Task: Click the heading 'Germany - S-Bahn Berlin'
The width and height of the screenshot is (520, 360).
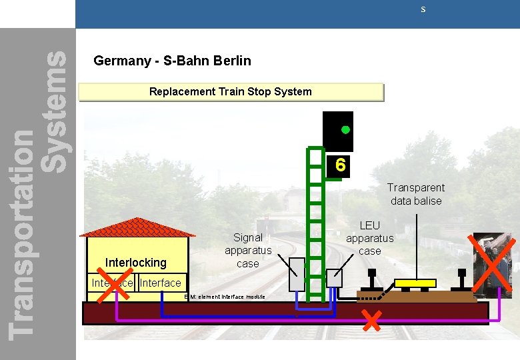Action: point(172,61)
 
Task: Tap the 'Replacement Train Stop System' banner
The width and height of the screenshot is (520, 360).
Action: point(231,91)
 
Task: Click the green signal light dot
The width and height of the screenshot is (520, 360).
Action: point(346,129)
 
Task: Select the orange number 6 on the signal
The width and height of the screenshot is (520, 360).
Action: point(340,165)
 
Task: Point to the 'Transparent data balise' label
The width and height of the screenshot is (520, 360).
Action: point(416,194)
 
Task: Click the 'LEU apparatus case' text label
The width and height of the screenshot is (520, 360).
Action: point(369,238)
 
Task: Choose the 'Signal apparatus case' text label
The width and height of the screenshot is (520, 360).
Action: point(248,250)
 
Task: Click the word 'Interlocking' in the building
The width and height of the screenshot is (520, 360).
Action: point(136,263)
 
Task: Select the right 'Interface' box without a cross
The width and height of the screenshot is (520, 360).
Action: point(161,283)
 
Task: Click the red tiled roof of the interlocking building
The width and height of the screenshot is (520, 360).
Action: point(137,228)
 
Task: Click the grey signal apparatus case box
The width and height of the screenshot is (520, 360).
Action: point(297,274)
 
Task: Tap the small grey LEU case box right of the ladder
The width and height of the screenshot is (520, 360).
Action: point(334,278)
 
